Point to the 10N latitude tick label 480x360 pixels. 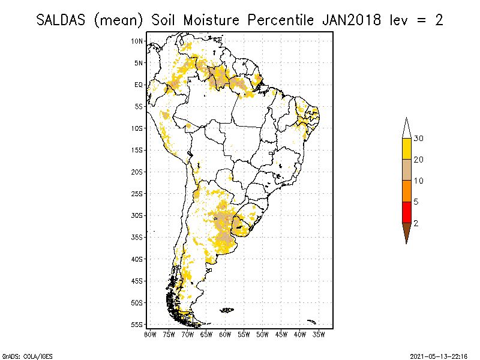[x=137, y=41]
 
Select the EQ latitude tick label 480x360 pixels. [x=138, y=85]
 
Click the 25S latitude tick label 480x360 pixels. [x=137, y=193]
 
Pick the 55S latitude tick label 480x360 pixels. [x=137, y=324]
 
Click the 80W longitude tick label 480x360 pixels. [x=150, y=334]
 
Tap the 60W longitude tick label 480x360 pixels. [x=225, y=334]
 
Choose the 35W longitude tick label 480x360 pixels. [x=319, y=334]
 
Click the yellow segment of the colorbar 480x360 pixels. [x=406, y=149]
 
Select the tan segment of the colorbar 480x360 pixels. [x=406, y=170]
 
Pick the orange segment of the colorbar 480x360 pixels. [x=406, y=191]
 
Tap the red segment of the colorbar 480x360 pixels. [x=406, y=212]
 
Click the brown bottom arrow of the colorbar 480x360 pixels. [x=406, y=231]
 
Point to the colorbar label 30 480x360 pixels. [x=419, y=139]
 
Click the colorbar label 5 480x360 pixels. [x=416, y=202]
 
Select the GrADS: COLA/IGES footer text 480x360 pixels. [x=20, y=355]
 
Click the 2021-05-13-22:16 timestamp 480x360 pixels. [x=439, y=355]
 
